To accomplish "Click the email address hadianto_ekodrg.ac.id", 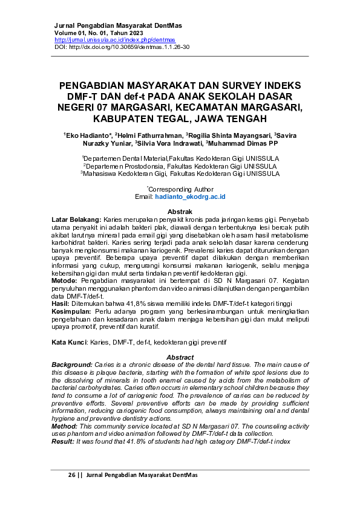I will click(x=189, y=197).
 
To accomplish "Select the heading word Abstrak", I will click(x=180, y=211).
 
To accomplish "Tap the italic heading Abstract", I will click(x=180, y=357).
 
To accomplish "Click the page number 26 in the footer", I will click(x=72, y=475).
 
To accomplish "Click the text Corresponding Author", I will click(x=181, y=189).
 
